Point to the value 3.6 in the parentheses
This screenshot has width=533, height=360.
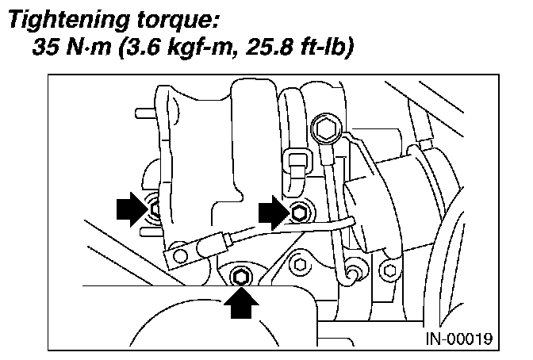140,50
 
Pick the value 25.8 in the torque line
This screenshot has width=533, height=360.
253,50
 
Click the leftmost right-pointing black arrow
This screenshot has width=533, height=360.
129,210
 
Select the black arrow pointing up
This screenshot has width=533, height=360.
241,302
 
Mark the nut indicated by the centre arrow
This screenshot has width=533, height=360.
299,213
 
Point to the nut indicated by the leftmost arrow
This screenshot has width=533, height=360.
155,208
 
